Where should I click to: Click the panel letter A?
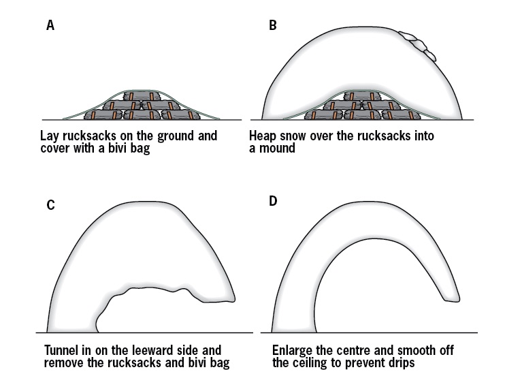pos(50,26)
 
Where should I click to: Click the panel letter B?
pos(273,26)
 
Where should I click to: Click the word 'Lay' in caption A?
pos(50,136)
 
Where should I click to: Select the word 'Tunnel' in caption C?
pos(62,351)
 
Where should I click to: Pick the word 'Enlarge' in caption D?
pos(293,351)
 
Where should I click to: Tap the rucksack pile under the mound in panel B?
pos(361,106)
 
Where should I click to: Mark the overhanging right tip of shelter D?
pos(453,296)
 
